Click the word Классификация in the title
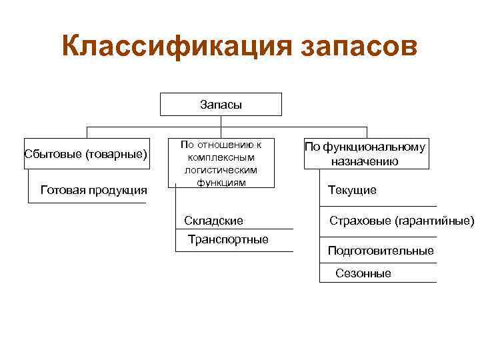pyautogui.click(x=175, y=47)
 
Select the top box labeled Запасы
pyautogui.click(x=221, y=105)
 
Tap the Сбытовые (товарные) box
pyautogui.click(x=85, y=154)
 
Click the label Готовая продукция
pyautogui.click(x=94, y=190)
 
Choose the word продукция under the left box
pyautogui.click(x=120, y=190)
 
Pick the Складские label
pyautogui.click(x=214, y=221)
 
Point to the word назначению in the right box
pyautogui.click(x=365, y=161)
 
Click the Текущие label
pyautogui.click(x=352, y=191)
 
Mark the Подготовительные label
pyautogui.click(x=381, y=251)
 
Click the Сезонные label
pyautogui.click(x=363, y=273)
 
